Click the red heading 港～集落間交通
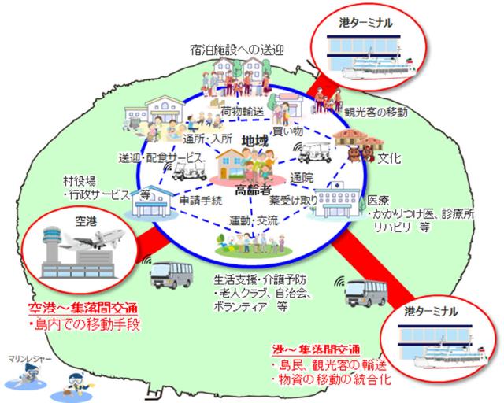pyautogui.click(x=314, y=349)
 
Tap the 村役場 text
pyautogui.click(x=80, y=179)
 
